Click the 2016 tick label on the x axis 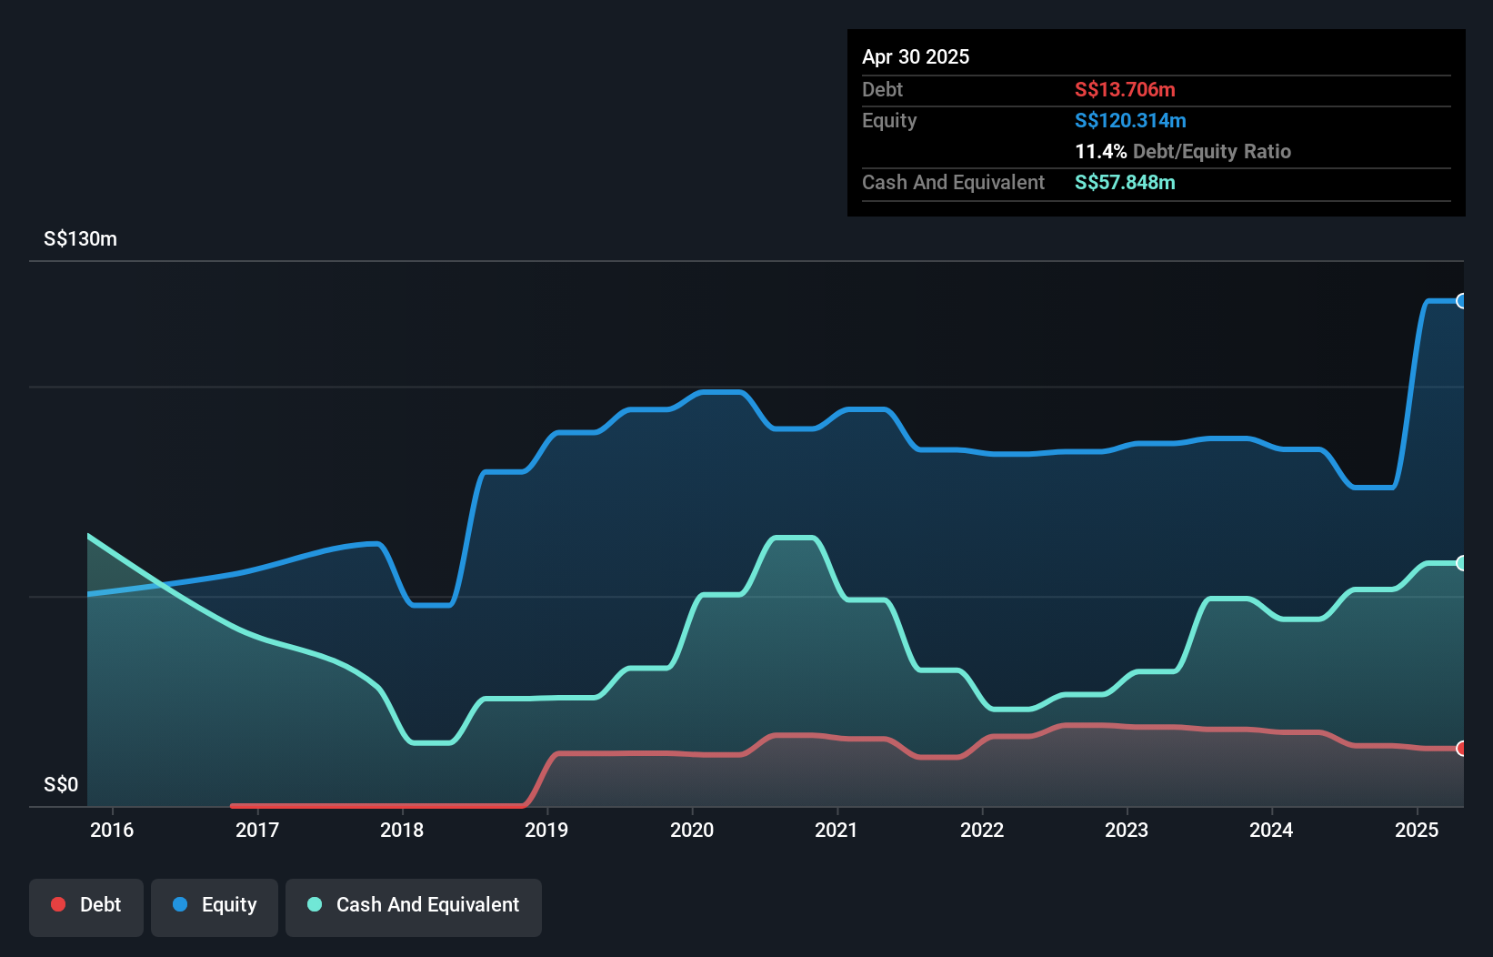[112, 830]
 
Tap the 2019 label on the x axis [546, 830]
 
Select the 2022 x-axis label [982, 830]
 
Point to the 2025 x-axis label [1417, 830]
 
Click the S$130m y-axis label [80, 239]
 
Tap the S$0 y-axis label [61, 784]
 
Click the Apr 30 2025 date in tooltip [916, 56]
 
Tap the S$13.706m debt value [1125, 89]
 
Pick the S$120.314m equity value [1130, 120]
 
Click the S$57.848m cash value [1125, 182]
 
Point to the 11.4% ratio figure [1100, 151]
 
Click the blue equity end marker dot [1461, 301]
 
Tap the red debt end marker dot [1461, 749]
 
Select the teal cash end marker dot [1461, 563]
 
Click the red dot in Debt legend [58, 904]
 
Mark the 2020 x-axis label [692, 830]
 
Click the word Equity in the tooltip [889, 120]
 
